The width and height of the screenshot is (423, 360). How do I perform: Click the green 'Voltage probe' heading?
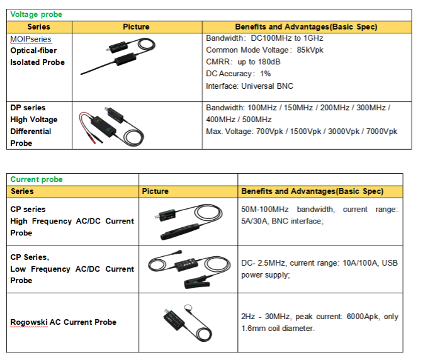pyautogui.click(x=36, y=14)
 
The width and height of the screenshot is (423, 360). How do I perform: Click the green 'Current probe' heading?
pyautogui.click(x=37, y=179)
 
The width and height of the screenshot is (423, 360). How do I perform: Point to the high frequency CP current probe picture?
pyautogui.click(x=185, y=220)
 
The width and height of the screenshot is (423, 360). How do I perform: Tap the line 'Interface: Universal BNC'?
pyautogui.click(x=249, y=86)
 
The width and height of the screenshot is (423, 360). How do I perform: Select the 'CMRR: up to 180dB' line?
pyautogui.click(x=243, y=62)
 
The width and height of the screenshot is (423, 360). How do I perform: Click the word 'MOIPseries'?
pyautogui.click(x=31, y=39)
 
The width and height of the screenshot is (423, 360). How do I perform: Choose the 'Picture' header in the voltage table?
pyautogui.click(x=136, y=27)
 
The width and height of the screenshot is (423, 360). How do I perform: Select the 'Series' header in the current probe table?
pyautogui.click(x=22, y=191)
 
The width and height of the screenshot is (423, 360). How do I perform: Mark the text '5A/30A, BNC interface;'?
pyautogui.click(x=282, y=221)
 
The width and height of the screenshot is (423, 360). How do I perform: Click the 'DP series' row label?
pyautogui.click(x=28, y=108)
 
